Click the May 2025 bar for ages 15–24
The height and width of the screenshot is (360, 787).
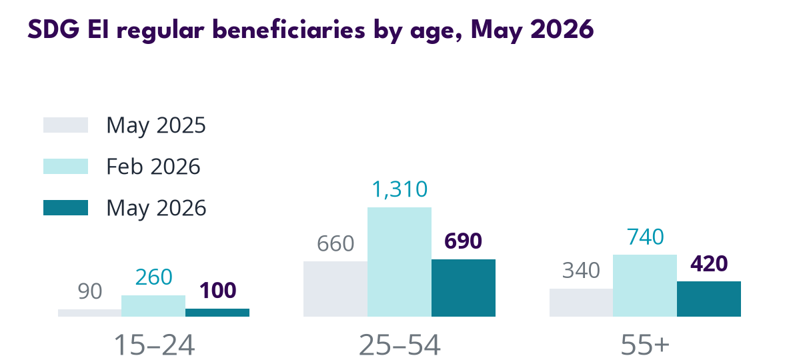pyautogui.click(x=90, y=313)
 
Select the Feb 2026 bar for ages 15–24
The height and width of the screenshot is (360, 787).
pyautogui.click(x=153, y=306)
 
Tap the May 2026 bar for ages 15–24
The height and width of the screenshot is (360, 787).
pyautogui.click(x=217, y=313)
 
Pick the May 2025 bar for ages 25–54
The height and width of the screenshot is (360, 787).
pyautogui.click(x=335, y=289)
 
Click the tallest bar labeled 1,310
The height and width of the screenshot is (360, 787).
pyautogui.click(x=400, y=262)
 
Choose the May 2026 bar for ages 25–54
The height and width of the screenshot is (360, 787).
pyautogui.click(x=464, y=288)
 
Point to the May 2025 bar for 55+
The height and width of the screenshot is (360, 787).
pyautogui.click(x=581, y=303)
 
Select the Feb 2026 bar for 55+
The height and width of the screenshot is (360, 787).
pyautogui.click(x=645, y=286)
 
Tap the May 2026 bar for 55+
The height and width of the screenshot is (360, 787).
pyautogui.click(x=709, y=299)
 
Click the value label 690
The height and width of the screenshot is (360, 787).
pyautogui.click(x=464, y=241)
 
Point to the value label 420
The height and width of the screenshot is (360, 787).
pyautogui.click(x=709, y=264)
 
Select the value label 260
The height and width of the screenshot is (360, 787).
pyautogui.click(x=153, y=277)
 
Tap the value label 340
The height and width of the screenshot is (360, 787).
pyautogui.click(x=581, y=271)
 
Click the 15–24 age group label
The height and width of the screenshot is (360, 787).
pyautogui.click(x=154, y=345)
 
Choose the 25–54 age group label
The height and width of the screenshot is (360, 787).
pyautogui.click(x=400, y=345)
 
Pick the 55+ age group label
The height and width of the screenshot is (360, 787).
pyautogui.click(x=645, y=345)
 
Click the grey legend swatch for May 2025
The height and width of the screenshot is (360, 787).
pyautogui.click(x=66, y=125)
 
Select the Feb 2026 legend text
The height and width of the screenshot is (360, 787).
pyautogui.click(x=153, y=167)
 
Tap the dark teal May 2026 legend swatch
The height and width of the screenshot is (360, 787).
pyautogui.click(x=66, y=207)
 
